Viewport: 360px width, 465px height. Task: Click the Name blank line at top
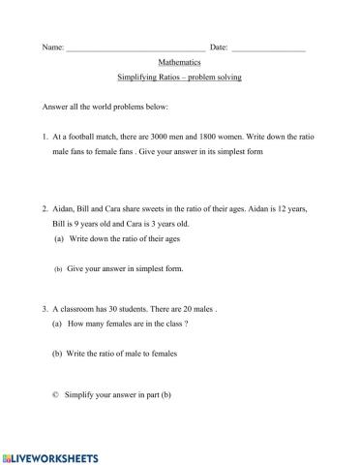[x=135, y=47]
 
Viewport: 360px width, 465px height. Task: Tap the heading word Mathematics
[x=179, y=61]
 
